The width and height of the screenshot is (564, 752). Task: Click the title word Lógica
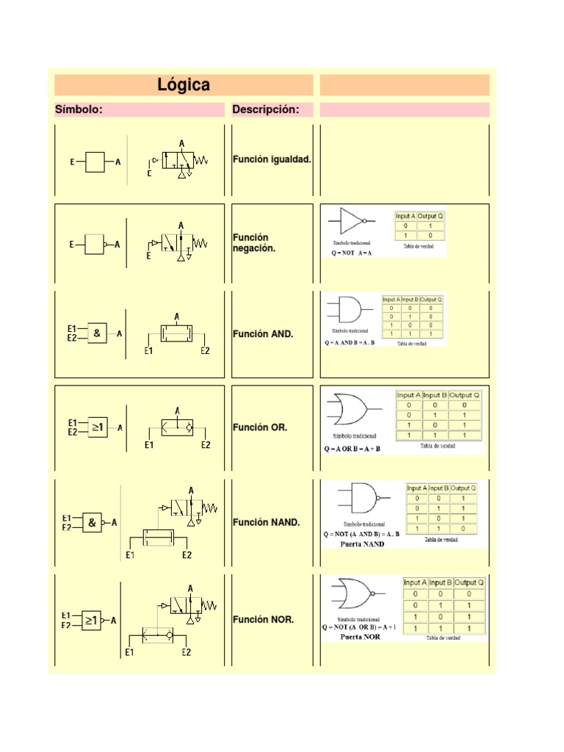click(184, 85)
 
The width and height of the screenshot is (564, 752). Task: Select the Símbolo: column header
click(79, 110)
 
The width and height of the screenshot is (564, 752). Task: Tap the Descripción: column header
click(266, 110)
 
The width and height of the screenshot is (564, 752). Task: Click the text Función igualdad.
click(272, 159)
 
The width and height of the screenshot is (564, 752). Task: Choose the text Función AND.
click(263, 334)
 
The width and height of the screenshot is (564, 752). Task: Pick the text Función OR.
click(260, 427)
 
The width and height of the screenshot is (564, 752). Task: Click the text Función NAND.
click(267, 523)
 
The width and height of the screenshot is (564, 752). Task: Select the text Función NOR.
click(264, 620)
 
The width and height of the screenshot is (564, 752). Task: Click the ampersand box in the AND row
click(97, 334)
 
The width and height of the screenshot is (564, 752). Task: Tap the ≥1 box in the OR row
click(98, 427)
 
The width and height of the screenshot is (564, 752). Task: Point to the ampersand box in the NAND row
click(92, 523)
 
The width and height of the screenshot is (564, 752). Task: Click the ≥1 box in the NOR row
click(92, 621)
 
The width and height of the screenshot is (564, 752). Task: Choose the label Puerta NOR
click(360, 637)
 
